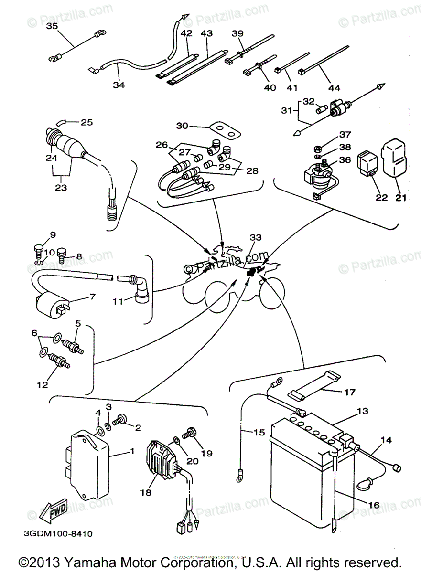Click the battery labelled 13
point(311,473)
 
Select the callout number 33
point(256,237)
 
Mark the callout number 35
point(51,26)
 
